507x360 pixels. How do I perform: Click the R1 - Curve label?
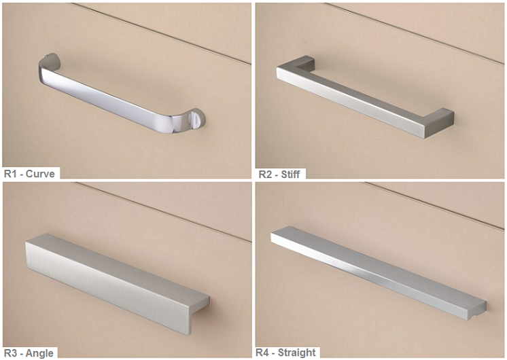point(29,174)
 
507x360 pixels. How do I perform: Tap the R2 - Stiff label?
point(279,175)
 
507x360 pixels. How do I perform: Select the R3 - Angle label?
point(29,353)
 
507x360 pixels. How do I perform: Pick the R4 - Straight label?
point(286,353)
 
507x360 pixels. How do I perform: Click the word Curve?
point(40,174)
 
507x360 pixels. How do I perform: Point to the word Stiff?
point(290,175)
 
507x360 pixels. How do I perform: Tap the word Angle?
point(39,353)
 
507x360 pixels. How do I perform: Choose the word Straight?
point(297,353)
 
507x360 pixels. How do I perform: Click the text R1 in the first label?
point(10,174)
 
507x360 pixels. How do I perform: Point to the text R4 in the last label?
point(262,353)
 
